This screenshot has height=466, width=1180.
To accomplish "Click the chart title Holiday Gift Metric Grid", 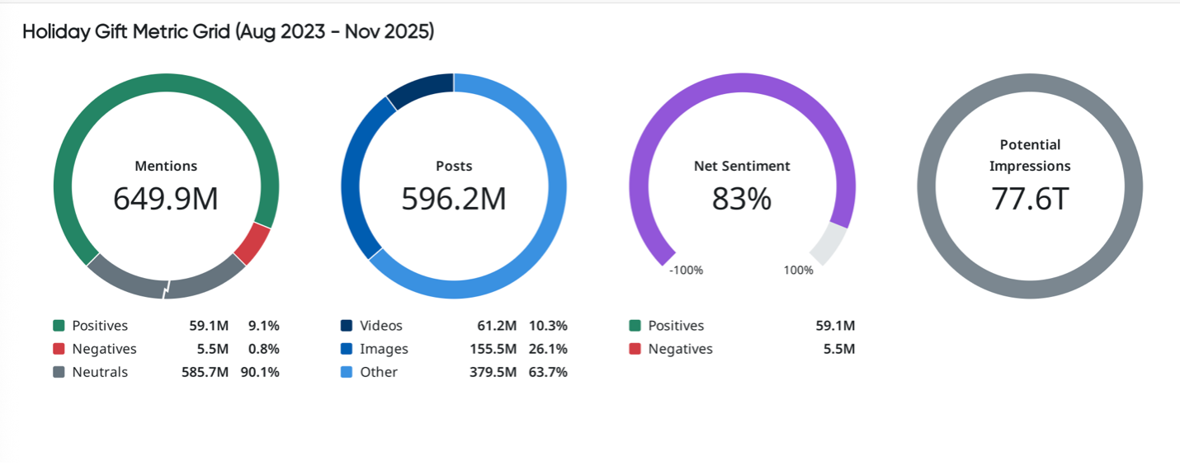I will pos(228,32).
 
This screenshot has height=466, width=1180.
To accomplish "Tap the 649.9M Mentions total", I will pos(166,199).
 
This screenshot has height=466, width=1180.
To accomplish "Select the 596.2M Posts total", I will pos(454,199).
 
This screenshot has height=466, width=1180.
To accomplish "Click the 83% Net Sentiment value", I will pos(742,199).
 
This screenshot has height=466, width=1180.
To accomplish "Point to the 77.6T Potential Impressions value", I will pos(1030,199).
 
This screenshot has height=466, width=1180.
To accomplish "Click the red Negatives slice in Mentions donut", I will pos(252,243).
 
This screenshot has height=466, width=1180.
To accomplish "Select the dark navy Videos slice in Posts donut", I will pos(419,90).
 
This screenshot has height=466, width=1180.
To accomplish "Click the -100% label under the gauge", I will pos(686,271).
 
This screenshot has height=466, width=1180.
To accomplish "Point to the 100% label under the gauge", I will pos(798,271).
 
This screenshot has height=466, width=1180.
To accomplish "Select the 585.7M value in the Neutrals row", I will pos(205,372).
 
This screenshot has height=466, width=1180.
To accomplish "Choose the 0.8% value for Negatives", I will pos(264,349).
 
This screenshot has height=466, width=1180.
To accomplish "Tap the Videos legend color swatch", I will pos(347,326).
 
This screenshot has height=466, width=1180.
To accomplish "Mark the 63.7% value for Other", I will pos(548,372).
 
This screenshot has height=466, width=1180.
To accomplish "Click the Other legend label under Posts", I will pos(379,372).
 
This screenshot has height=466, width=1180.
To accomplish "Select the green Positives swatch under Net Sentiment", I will pos(635,326).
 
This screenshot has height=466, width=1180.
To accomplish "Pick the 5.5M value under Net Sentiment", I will pos(839,349).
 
